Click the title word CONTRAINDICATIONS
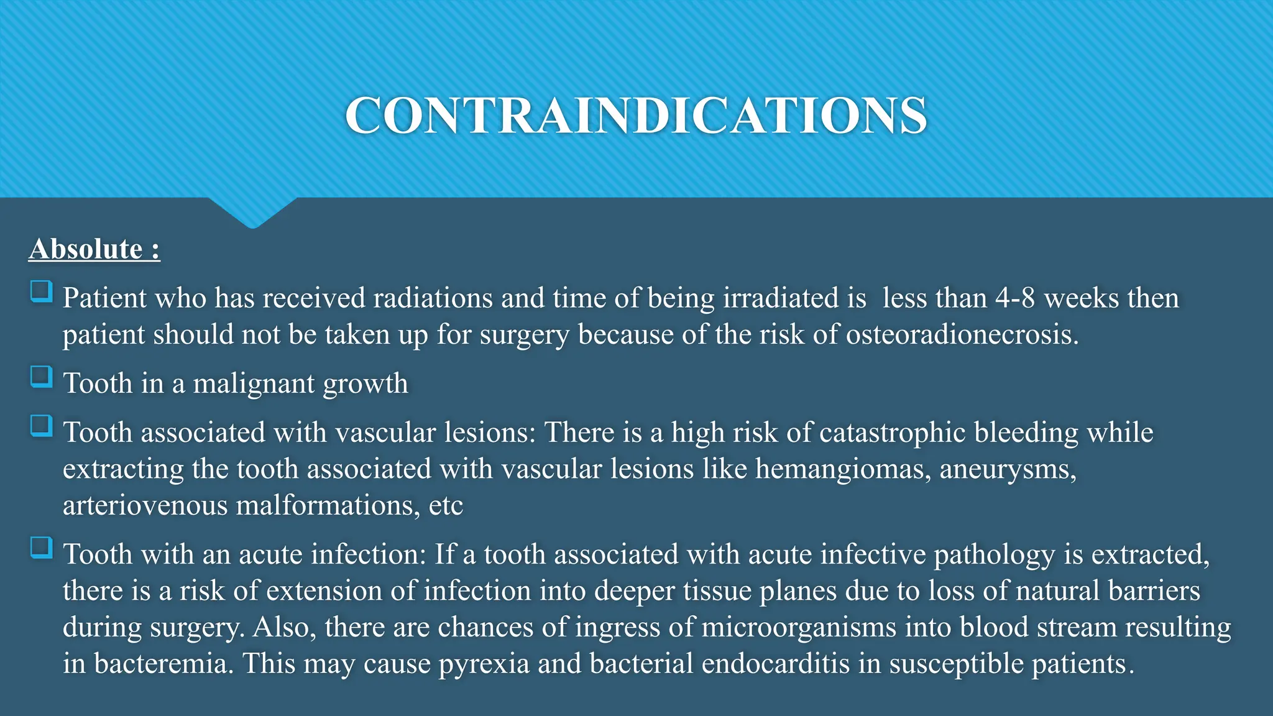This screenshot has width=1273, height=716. (x=636, y=116)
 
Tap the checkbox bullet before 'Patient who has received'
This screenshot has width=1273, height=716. (x=42, y=291)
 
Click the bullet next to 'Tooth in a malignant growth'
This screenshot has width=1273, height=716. (x=42, y=377)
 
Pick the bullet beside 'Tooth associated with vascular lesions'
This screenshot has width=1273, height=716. (x=42, y=426)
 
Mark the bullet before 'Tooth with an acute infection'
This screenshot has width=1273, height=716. (x=42, y=548)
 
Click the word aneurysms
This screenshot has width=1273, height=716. (x=1007, y=469)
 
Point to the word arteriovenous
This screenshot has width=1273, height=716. (x=145, y=505)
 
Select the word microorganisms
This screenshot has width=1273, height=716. (x=799, y=627)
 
